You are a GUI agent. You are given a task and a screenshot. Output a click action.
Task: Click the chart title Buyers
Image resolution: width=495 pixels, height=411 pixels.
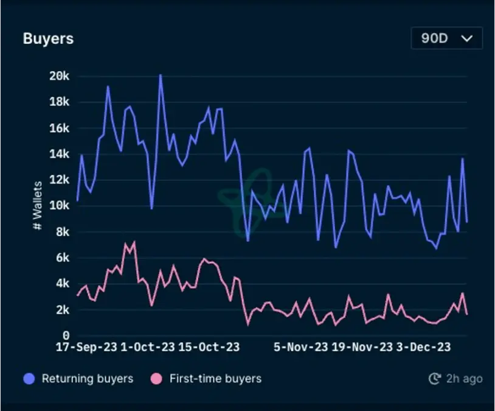pyautogui.click(x=48, y=38)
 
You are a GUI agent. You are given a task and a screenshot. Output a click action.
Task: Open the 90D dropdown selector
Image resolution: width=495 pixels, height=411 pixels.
pyautogui.click(x=446, y=38)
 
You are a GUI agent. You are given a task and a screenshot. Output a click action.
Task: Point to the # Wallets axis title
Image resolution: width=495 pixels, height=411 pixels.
pyautogui.click(x=38, y=205)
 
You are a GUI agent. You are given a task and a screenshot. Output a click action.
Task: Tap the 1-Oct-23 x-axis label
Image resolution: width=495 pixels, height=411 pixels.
pyautogui.click(x=148, y=347)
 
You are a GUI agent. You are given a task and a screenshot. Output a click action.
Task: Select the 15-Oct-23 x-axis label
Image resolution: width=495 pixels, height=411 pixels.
pyautogui.click(x=209, y=347)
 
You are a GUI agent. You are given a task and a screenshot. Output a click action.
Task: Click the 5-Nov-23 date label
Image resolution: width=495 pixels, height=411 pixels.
pyautogui.click(x=300, y=347)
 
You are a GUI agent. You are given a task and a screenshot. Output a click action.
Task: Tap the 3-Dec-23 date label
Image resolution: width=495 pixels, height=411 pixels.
pyautogui.click(x=424, y=347)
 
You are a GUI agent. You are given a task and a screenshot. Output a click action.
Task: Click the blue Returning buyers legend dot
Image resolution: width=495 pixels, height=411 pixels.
pyautogui.click(x=29, y=379)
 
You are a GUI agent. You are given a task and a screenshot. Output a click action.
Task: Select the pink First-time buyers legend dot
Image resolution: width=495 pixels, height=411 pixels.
pyautogui.click(x=157, y=379)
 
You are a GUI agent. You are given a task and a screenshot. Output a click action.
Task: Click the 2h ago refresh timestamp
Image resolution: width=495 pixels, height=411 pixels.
pyautogui.click(x=456, y=379)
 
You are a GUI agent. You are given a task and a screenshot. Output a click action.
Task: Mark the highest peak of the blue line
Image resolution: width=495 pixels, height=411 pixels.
pyautogui.click(x=160, y=75)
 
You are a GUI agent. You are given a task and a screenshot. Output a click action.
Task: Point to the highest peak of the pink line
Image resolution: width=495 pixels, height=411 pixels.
pyautogui.click(x=134, y=242)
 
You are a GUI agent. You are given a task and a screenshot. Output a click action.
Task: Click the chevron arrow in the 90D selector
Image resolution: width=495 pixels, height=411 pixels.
pyautogui.click(x=467, y=38)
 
